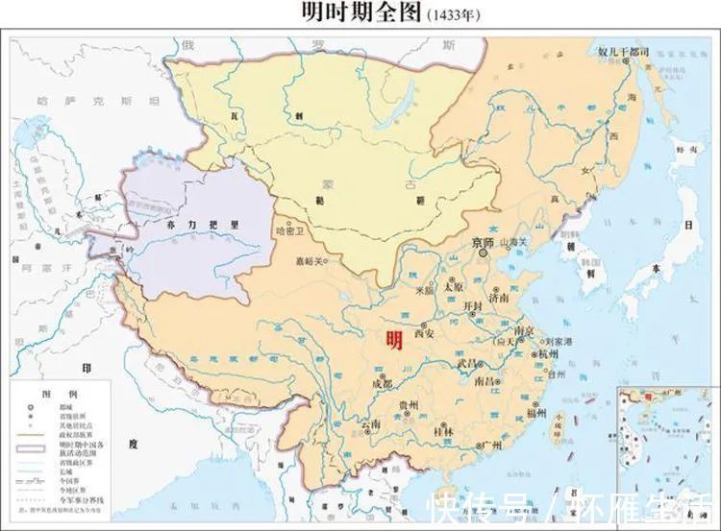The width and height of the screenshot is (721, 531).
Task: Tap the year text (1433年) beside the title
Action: pos(450,15)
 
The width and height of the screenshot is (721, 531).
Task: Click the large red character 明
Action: pos(393,339)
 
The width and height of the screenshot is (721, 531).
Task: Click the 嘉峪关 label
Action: pos(310,259)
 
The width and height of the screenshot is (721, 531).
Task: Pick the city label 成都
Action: pos(381,382)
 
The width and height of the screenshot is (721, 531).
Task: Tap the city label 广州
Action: pos(492,443)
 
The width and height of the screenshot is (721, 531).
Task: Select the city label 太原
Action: pos(452,286)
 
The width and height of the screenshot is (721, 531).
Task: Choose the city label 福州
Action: pos(538,415)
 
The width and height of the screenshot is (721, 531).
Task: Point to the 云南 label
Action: pos(369,422)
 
